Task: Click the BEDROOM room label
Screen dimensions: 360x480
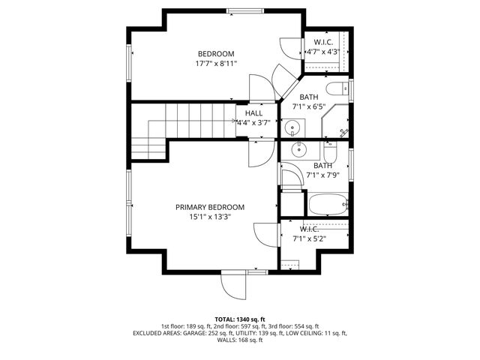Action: (x=216, y=53)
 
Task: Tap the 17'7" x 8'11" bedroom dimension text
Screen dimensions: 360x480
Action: (x=216, y=64)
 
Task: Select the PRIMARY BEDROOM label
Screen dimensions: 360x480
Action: (x=210, y=207)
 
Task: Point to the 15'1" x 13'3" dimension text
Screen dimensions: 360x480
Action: (x=210, y=217)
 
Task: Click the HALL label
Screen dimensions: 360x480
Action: (x=253, y=112)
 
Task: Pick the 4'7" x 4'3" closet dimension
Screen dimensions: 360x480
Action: (x=323, y=52)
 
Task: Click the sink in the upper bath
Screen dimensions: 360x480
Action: (x=292, y=126)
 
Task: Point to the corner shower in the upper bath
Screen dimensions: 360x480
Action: (x=334, y=122)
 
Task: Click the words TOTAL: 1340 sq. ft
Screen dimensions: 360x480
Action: (x=240, y=319)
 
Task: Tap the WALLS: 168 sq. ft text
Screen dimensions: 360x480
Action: (x=240, y=340)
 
